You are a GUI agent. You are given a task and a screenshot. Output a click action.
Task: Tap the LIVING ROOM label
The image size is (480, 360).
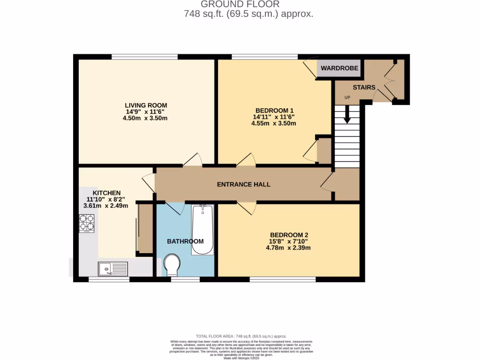(145, 105)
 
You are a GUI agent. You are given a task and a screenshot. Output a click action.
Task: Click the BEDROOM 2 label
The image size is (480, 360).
(289, 235)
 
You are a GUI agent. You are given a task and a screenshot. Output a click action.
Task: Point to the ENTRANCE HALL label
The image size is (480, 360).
(243, 184)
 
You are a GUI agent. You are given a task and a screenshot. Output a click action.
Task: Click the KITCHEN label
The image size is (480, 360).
(106, 193)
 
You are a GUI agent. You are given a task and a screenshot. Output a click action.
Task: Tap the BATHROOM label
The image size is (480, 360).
(186, 241)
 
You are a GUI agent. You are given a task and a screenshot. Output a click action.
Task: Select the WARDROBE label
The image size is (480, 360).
(339, 68)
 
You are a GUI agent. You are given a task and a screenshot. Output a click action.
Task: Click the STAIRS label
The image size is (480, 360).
(364, 87)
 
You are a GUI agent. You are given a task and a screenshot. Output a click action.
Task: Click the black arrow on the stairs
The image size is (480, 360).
(347, 114)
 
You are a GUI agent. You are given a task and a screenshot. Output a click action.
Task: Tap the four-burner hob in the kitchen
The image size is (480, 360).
(87, 223)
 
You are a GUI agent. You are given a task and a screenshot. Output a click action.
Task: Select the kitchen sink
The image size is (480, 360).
(112, 269)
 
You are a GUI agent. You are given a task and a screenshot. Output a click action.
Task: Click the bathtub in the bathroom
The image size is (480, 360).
(202, 230)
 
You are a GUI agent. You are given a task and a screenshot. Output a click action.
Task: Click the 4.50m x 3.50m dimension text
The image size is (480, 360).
(145, 118)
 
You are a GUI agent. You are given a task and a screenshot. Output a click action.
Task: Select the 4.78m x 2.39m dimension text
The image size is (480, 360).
(289, 248)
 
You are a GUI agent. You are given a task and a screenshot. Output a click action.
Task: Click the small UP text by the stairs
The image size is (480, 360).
(347, 97)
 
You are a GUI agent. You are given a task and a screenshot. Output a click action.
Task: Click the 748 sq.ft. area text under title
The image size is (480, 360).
(248, 14)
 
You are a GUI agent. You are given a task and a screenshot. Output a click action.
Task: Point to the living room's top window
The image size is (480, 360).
(144, 57)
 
